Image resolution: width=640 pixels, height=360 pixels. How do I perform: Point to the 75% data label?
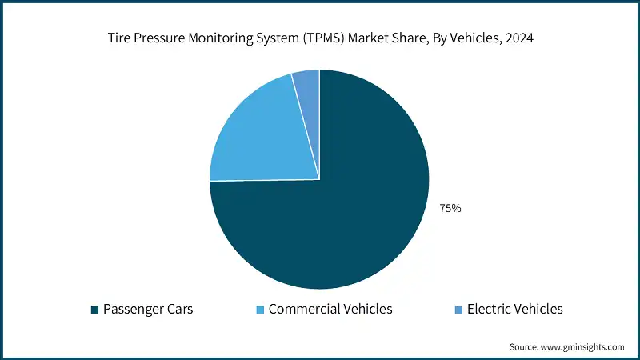tap(450, 208)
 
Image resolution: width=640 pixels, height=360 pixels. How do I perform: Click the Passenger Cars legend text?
tap(148, 309)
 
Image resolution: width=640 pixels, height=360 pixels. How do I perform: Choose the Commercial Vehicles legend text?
tap(330, 309)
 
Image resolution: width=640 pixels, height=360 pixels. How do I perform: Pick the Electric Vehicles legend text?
tap(514, 309)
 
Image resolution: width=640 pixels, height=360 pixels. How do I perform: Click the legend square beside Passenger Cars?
tap(95, 310)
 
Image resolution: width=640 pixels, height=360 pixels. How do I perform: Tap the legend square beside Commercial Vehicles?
tap(261, 310)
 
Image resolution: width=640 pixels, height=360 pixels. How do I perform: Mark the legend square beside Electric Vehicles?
tap(458, 310)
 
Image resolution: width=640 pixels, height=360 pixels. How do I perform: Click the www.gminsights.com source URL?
tap(583, 347)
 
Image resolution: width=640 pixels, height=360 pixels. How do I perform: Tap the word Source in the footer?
tap(525, 347)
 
